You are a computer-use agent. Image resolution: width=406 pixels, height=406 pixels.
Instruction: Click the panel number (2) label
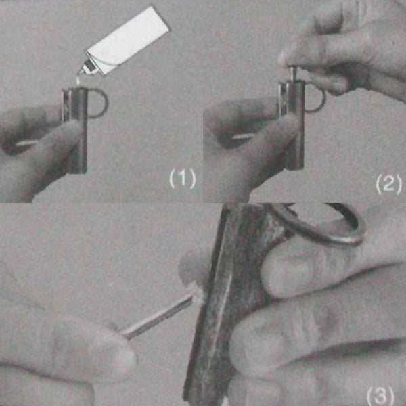click(388, 184)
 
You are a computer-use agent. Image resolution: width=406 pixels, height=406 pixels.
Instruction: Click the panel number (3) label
click(380, 395)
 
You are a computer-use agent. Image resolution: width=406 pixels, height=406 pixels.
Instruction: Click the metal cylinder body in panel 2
click(292, 125)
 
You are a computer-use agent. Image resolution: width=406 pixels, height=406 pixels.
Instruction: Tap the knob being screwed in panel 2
click(292, 74)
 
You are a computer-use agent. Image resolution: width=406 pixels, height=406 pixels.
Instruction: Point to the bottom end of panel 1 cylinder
click(78, 171)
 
